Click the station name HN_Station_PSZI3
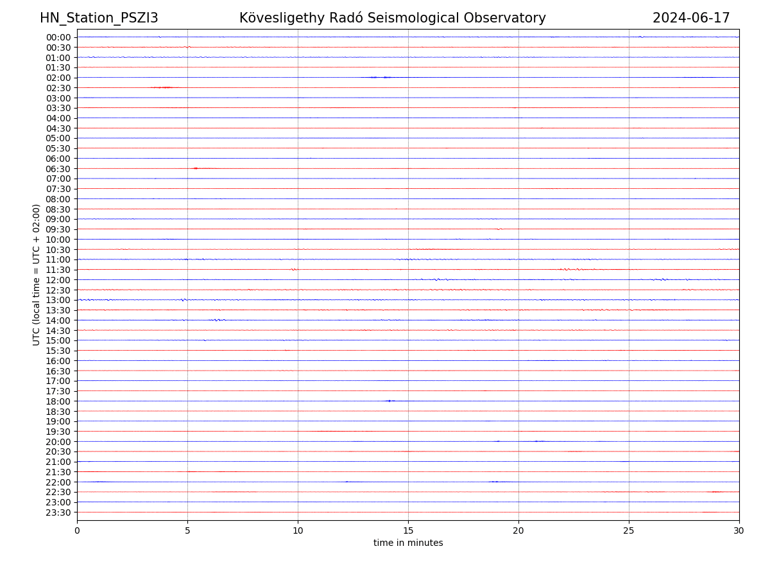99,18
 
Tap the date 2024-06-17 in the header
691,18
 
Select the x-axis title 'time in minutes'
408,543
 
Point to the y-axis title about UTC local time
37,275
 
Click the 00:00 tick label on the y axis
58,37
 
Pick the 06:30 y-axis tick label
58,168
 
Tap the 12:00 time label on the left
58,280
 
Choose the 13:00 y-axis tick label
58,300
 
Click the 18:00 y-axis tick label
58,401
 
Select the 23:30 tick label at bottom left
58,512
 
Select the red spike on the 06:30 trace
195,168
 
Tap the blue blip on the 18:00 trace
389,401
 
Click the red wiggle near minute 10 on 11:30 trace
294,270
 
